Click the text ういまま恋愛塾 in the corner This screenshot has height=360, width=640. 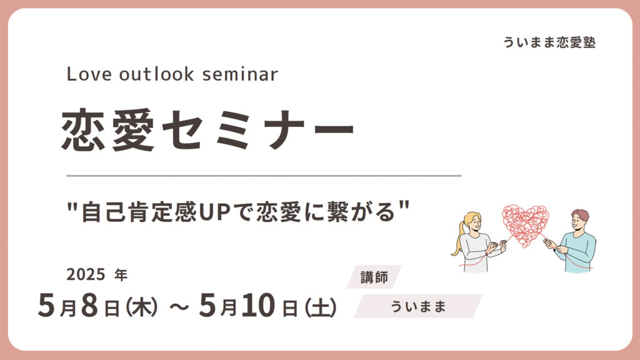[549, 42]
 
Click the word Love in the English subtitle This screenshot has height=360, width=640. [89, 74]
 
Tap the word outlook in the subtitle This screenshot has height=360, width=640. [157, 74]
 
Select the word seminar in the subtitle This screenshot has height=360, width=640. [240, 74]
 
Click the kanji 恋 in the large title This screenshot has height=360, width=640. [84, 130]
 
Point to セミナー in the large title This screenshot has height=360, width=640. [258, 130]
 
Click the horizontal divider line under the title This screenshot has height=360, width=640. [264, 176]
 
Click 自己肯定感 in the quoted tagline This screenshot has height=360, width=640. [139, 212]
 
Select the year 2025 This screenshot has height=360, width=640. [86, 275]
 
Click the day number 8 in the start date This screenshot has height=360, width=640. [89, 306]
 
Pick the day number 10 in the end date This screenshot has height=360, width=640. [258, 306]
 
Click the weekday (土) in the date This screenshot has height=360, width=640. [321, 307]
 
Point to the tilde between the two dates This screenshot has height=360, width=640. [179, 307]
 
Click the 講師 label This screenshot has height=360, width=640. [374, 277]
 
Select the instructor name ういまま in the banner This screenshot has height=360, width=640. [418, 306]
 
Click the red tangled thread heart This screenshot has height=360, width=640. [526, 225]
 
